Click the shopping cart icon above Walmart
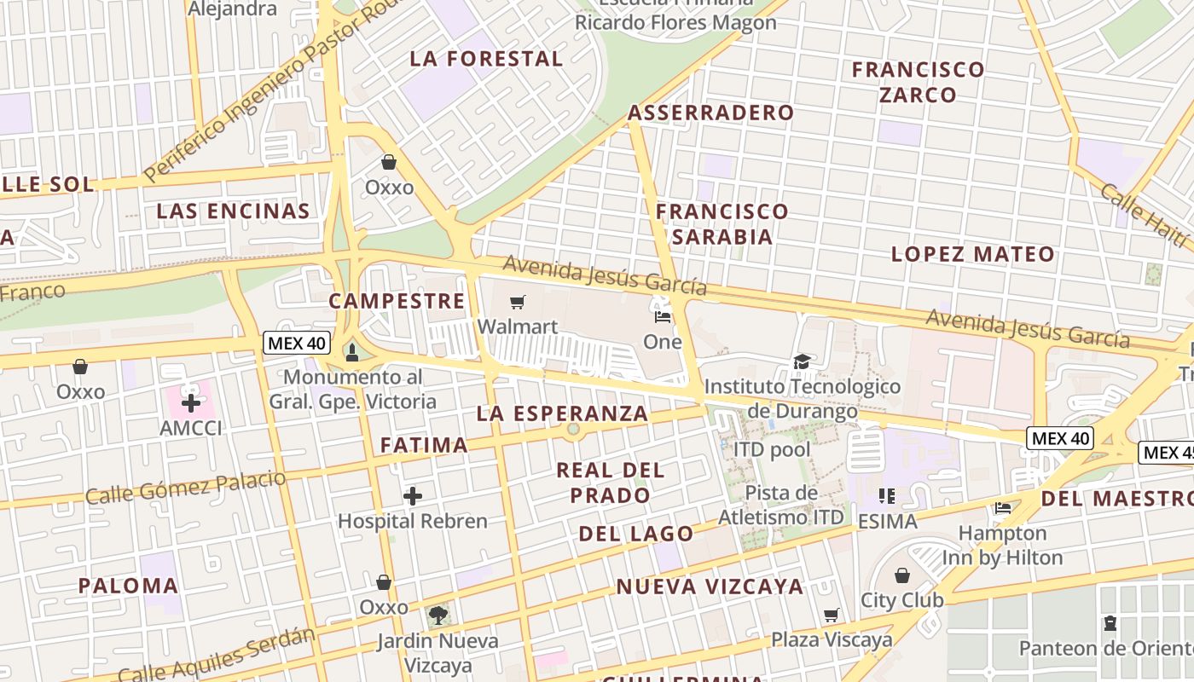[517, 302]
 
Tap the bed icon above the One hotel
[662, 317]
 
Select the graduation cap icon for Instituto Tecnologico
[802, 362]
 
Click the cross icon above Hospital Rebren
[413, 496]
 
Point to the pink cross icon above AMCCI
[191, 402]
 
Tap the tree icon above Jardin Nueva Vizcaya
[438, 615]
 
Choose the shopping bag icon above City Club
[902, 575]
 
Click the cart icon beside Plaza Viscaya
[832, 615]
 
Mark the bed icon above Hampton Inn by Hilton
[1002, 508]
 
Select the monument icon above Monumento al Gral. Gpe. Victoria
[351, 352]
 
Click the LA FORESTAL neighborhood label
[486, 59]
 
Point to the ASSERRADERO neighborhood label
[710, 113]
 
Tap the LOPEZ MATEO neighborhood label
[972, 254]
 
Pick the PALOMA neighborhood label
[128, 586]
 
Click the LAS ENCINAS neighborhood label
[233, 211]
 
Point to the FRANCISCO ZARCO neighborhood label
[918, 82]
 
